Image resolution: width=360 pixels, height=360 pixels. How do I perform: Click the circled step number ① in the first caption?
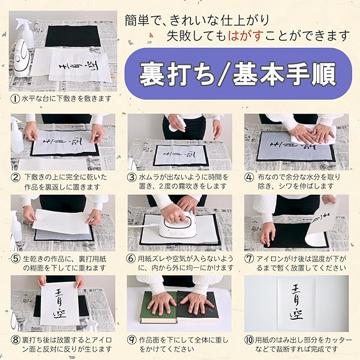15,99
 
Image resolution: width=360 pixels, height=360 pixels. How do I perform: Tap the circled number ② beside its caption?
16,177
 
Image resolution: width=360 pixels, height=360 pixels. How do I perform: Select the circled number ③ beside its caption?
132,177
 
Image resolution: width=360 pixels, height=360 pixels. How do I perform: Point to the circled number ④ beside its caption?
249,177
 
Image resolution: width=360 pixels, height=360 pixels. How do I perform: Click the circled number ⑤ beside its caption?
16,259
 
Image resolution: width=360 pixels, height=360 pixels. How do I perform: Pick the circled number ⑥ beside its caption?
131,259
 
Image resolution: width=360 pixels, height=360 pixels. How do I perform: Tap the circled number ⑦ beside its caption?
249,259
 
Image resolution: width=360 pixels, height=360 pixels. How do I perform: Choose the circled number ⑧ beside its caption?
16,340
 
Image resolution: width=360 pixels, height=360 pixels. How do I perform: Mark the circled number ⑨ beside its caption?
132,340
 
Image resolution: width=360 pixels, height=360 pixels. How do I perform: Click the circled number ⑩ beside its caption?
249,340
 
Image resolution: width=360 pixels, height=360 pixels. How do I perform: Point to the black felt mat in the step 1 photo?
73,36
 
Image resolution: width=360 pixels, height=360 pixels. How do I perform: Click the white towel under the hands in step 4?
312,136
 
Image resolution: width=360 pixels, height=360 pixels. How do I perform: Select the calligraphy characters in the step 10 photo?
296,302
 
